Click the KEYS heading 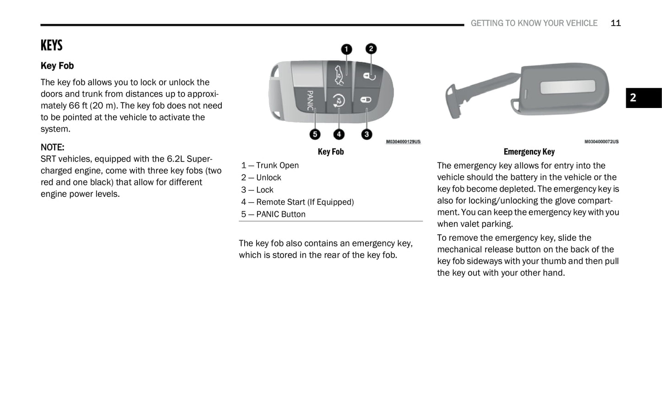pos(51,45)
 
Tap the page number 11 pos(615,23)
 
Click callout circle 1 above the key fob pos(347,49)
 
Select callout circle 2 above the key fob pos(371,49)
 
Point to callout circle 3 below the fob pos(367,134)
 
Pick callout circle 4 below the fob pos(339,134)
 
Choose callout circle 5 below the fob pos(315,134)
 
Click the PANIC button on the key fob pos(310,100)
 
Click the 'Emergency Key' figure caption pos(529,151)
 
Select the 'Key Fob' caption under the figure pos(330,151)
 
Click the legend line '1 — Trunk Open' pos(270,165)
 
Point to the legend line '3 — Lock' pos(257,189)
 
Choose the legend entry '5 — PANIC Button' pos(273,214)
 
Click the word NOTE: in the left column pos(52,147)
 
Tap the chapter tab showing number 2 pos(643,97)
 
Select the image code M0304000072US pos(601,141)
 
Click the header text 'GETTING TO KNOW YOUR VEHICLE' pos(534,23)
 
